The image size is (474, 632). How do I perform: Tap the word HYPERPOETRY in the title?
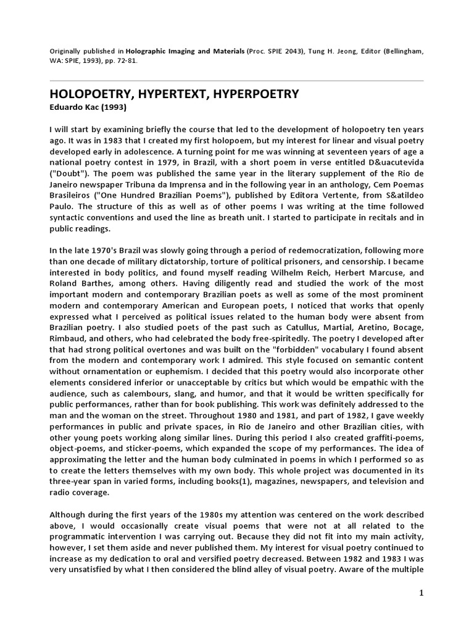click(252, 94)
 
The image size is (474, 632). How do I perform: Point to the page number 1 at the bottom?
click(421, 592)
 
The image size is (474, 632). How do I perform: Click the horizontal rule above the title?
click(237, 80)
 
